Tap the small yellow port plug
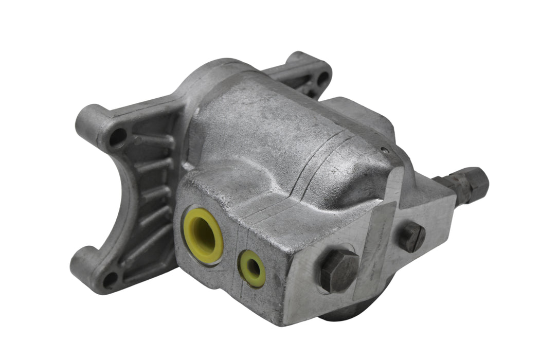[252, 268]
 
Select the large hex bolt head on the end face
[339, 271]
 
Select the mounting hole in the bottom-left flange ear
[110, 280]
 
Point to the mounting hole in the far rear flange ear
[322, 78]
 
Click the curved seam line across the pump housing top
[314, 154]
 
